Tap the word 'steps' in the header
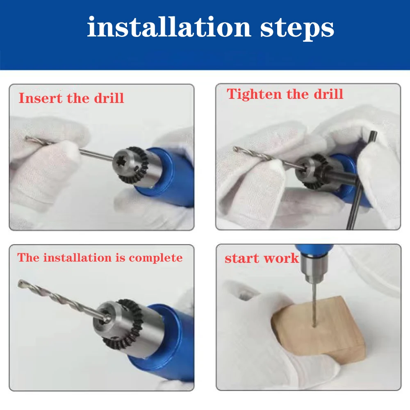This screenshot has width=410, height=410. click(297, 29)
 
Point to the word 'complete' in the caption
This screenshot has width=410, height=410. click(156, 258)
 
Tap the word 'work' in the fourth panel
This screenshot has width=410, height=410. click(281, 258)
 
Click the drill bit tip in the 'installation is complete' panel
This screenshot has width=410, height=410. click(20, 283)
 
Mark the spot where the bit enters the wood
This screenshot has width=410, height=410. click(314, 326)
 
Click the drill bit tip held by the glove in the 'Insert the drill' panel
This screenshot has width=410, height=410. click(27, 139)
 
